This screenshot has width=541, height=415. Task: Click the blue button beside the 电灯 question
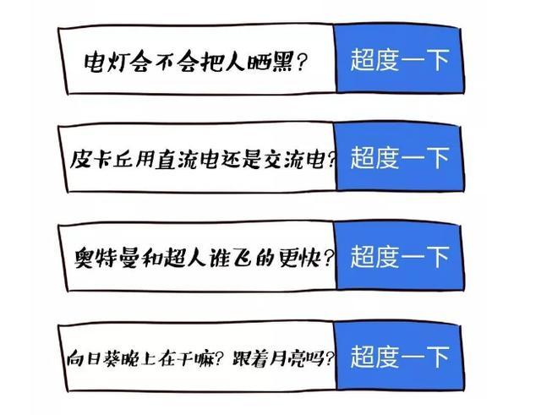398,59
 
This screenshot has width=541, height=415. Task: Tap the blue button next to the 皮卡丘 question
398,158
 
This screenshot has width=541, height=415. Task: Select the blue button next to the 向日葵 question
398,357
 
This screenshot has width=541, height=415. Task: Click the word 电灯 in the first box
105,62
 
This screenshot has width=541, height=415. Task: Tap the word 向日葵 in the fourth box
92,358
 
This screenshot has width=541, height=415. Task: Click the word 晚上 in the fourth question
136,358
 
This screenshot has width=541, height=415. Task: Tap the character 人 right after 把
235,62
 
